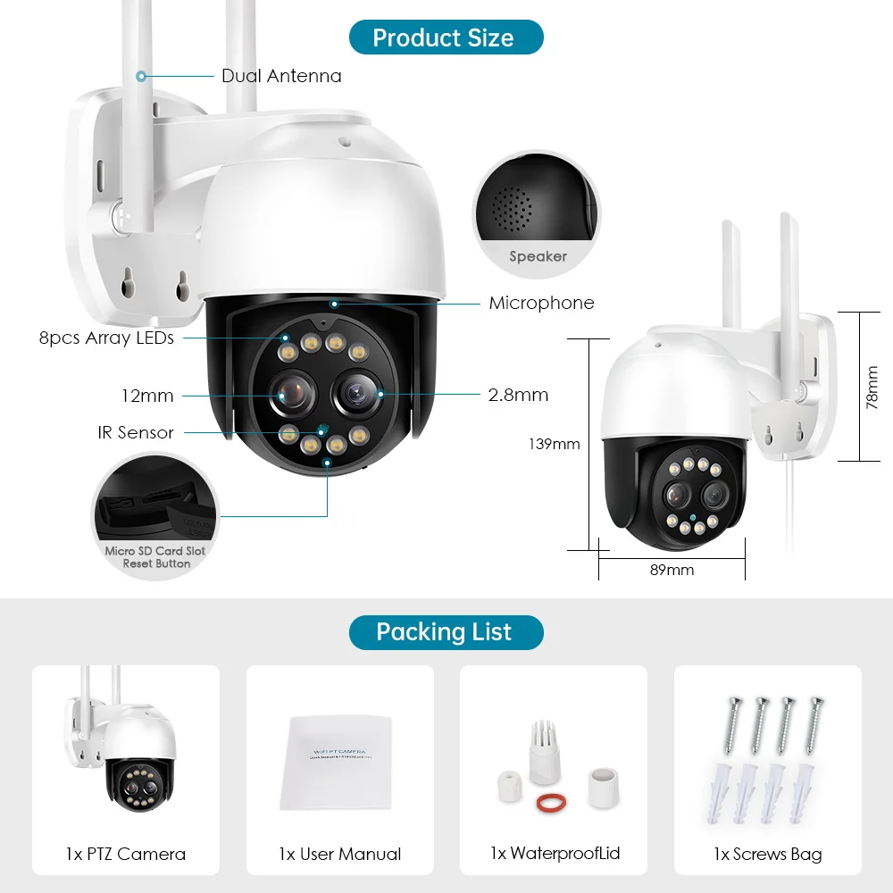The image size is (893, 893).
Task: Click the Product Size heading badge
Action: point(444,38)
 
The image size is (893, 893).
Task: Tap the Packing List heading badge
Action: point(444,632)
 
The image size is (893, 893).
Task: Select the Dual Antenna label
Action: point(281,76)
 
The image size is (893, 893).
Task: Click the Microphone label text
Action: point(541,304)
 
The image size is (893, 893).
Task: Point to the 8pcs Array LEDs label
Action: point(106,338)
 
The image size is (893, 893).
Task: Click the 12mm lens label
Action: point(147,396)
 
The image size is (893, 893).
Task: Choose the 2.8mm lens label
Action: point(519,395)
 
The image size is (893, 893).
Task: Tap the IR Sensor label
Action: point(136,432)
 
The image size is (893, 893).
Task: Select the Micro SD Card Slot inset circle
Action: point(155,516)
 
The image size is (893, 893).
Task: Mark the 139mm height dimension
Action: point(555,444)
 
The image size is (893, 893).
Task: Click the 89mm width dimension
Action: point(672,570)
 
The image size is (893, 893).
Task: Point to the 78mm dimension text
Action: point(872,388)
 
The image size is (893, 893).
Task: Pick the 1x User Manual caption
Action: point(339,855)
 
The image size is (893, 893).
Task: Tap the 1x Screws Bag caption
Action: point(767,855)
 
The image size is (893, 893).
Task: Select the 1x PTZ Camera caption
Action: point(126,855)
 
